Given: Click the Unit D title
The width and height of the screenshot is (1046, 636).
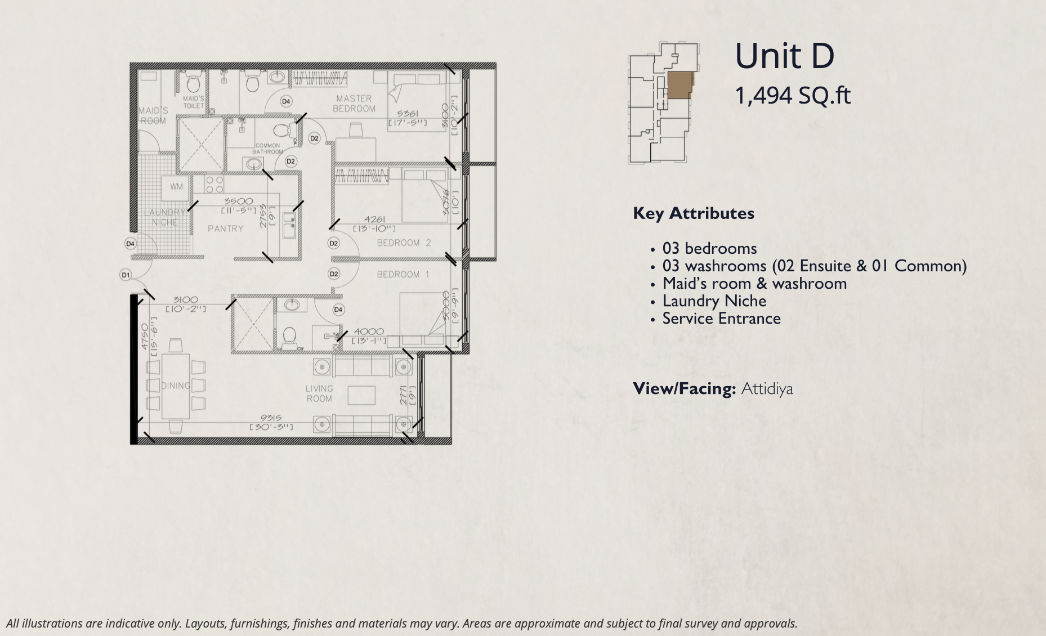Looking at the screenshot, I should click(x=784, y=56).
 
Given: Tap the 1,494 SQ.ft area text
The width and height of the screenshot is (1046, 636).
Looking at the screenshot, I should click(x=793, y=96).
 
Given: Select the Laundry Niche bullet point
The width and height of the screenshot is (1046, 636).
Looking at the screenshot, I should click(x=714, y=301).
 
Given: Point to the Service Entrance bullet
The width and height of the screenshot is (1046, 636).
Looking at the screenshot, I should click(x=721, y=319).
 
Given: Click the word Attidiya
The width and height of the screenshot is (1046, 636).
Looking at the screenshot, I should click(x=767, y=389).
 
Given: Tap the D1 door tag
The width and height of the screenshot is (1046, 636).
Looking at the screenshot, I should click(x=126, y=275).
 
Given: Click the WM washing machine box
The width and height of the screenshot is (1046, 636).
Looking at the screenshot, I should click(x=176, y=187).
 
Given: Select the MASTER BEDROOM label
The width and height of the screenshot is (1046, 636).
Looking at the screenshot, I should click(x=354, y=104).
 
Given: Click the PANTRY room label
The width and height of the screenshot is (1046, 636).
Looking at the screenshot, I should click(x=225, y=229).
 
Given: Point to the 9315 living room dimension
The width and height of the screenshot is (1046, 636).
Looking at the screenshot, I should click(x=271, y=418).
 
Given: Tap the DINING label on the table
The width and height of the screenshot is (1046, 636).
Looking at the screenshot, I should click(x=175, y=386).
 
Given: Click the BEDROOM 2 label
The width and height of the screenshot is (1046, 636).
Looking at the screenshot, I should click(x=404, y=243).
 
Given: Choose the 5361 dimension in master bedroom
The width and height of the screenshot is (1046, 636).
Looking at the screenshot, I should click(x=408, y=114).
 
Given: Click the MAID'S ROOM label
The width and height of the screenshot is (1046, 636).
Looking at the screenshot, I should click(x=153, y=115).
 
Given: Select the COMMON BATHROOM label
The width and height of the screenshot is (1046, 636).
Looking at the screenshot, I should click(x=267, y=149).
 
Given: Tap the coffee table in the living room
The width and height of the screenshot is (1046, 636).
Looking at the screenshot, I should click(x=361, y=395).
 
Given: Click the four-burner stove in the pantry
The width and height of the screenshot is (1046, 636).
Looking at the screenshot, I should click(x=214, y=183).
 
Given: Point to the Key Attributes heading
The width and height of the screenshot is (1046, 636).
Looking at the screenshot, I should click(x=693, y=213).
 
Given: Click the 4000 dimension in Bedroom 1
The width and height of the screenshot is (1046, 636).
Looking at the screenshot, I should click(x=368, y=332).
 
